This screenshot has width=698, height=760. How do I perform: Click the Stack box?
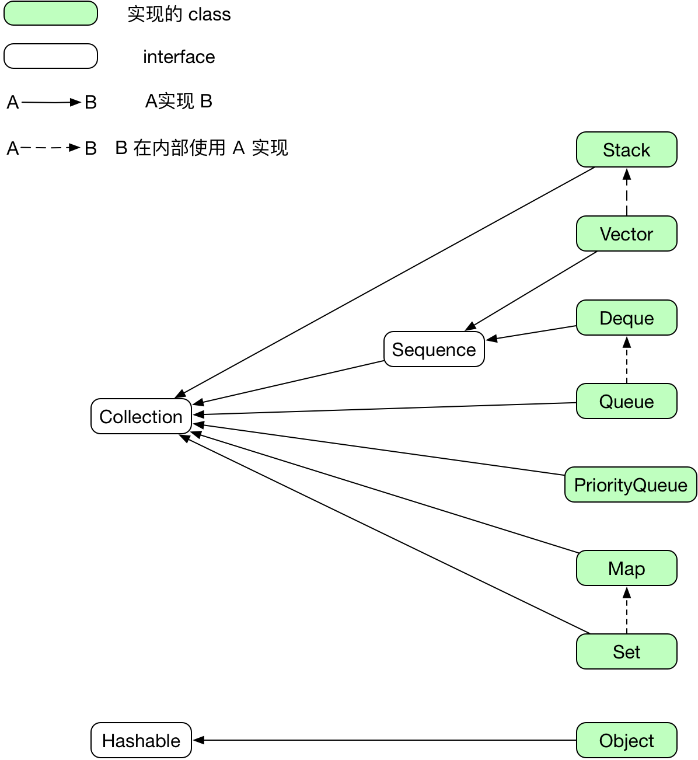(x=626, y=150)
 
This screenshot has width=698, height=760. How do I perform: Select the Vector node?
(x=626, y=234)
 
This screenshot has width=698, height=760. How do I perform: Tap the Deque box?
(x=626, y=318)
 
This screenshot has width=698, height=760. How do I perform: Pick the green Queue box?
(x=626, y=402)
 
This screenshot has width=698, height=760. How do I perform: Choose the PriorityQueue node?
(x=630, y=485)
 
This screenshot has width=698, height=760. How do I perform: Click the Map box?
(x=626, y=569)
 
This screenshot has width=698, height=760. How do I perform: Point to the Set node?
(x=626, y=652)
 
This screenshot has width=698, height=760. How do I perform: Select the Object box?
(x=626, y=741)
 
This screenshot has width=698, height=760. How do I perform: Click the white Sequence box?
(x=434, y=350)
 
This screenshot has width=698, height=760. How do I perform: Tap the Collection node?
(x=141, y=417)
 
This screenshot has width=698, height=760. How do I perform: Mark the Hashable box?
(x=141, y=741)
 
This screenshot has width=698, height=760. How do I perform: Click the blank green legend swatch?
(x=51, y=13)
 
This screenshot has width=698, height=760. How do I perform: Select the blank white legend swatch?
(x=51, y=56)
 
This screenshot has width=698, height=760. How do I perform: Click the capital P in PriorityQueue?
(x=580, y=485)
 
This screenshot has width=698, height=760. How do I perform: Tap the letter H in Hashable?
(x=109, y=741)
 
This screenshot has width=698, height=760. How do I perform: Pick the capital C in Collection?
(x=106, y=417)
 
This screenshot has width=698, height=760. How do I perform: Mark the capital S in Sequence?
(x=398, y=350)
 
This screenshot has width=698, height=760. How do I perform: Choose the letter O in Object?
(x=606, y=741)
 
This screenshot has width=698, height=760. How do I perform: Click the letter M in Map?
(x=615, y=569)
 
